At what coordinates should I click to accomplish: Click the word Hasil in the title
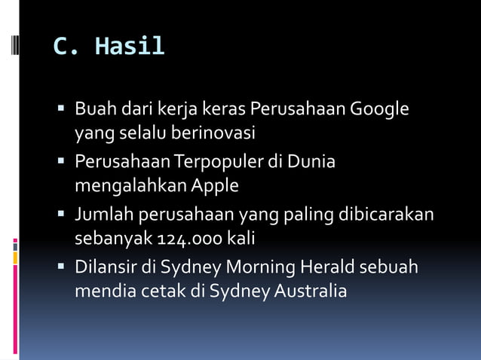pos(130,47)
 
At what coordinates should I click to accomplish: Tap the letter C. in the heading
pos(66,47)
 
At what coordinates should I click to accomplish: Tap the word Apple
pos(215,185)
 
